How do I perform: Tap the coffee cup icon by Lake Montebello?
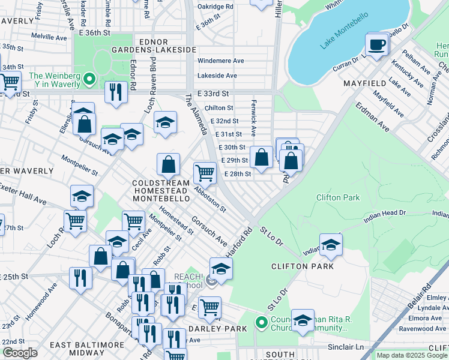(377, 45)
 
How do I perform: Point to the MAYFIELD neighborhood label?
(367, 83)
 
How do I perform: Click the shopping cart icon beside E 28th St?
(205, 173)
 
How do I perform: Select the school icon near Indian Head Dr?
(331, 245)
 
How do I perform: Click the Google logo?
(20, 353)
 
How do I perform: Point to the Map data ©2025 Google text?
(411, 355)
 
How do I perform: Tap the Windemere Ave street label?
(221, 61)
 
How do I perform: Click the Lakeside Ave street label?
(217, 76)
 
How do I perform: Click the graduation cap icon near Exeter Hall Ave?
(82, 196)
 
